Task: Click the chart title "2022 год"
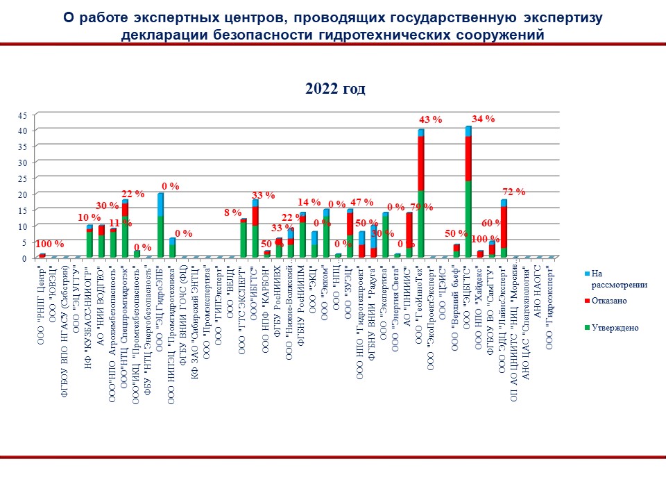point(335,89)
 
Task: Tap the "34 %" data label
point(483,119)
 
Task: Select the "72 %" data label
point(513,191)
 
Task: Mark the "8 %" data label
point(232,212)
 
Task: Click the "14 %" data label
point(309,202)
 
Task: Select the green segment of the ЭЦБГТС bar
point(468,219)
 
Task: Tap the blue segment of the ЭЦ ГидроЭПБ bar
point(160,204)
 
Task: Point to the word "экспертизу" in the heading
point(549,17)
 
